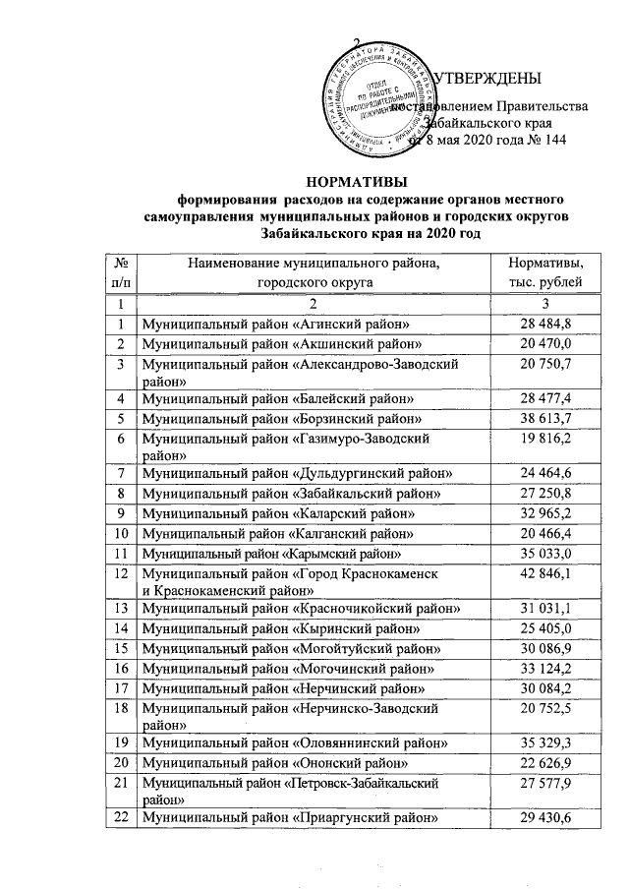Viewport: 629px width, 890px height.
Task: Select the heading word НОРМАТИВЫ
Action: coord(356,180)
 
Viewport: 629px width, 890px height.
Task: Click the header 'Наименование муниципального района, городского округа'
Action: coord(313,272)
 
